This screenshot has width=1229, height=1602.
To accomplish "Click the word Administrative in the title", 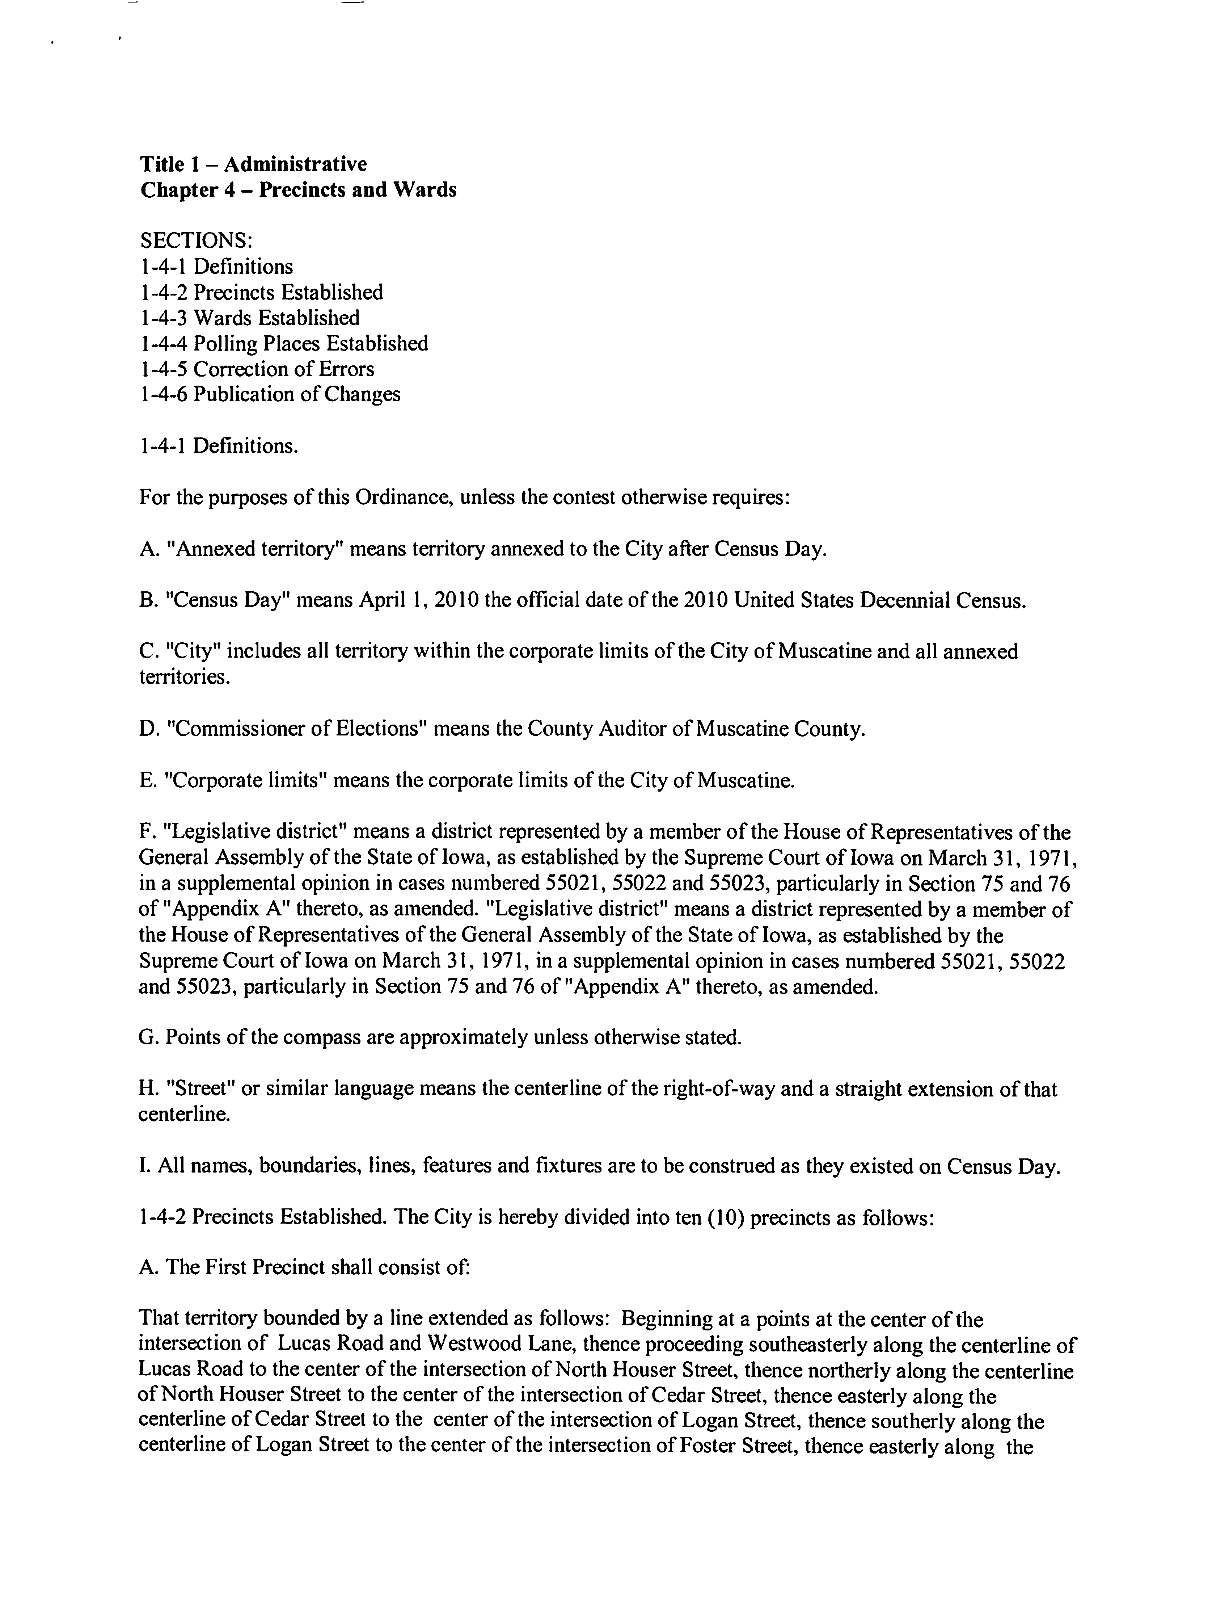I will pyautogui.click(x=296, y=164).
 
